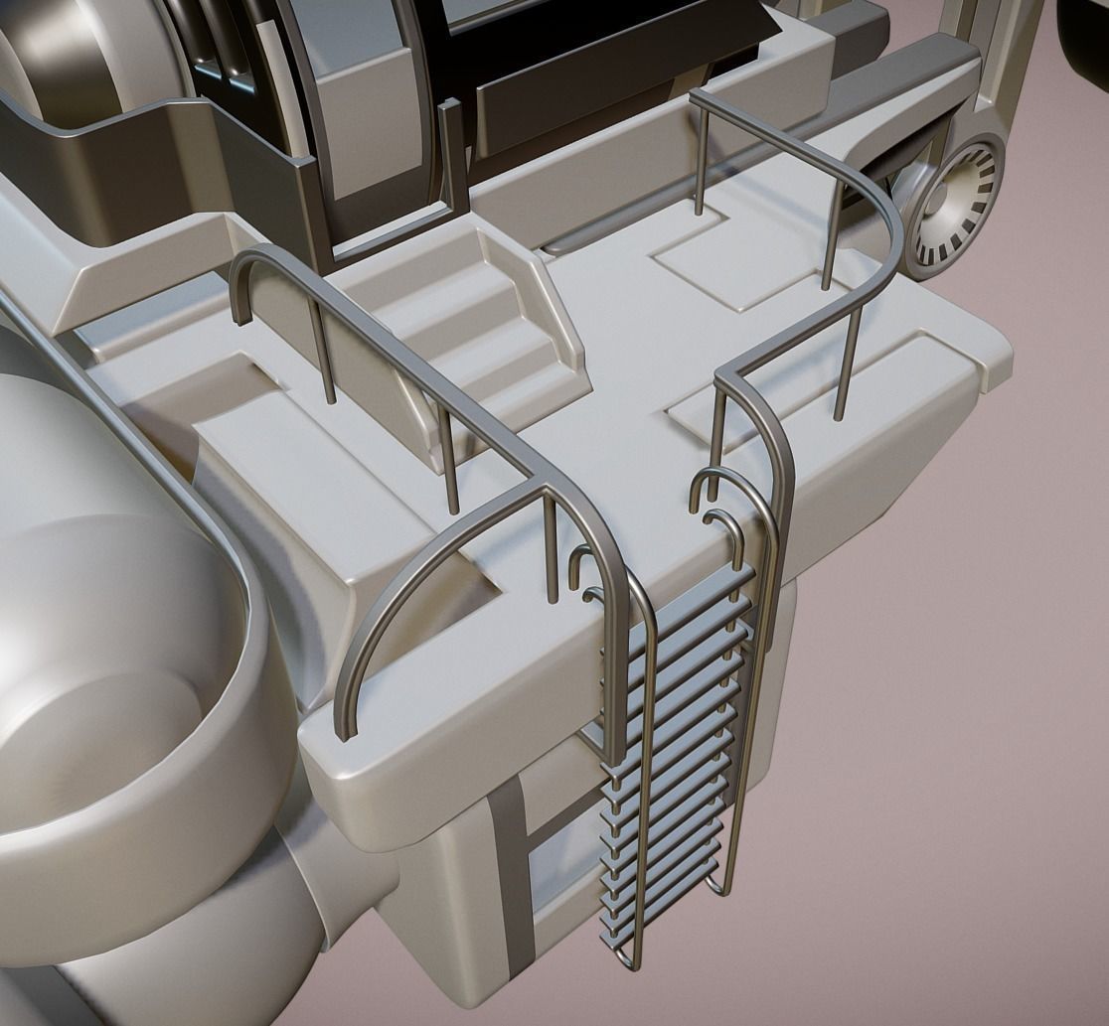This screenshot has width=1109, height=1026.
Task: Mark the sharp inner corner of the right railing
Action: point(725,372)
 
